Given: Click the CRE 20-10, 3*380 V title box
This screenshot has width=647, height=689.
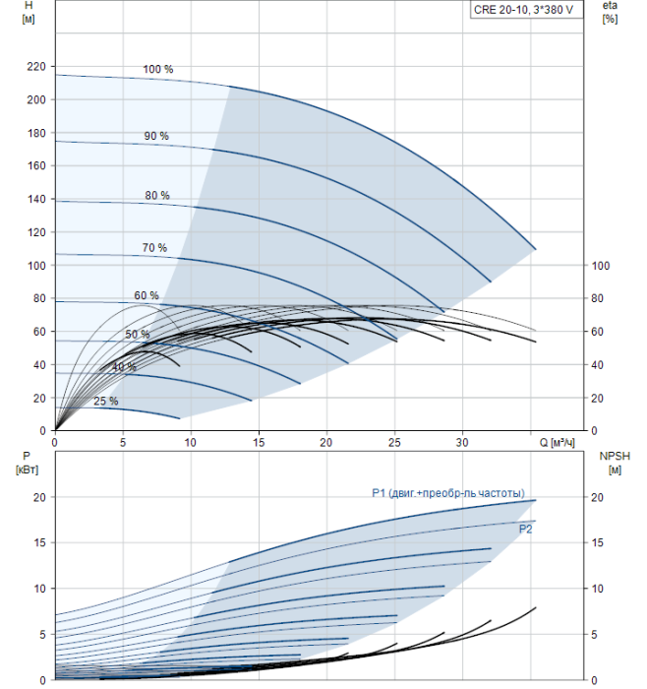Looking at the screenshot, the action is coord(527,10).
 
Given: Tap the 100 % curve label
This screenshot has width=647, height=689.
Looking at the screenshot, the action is coord(158,69).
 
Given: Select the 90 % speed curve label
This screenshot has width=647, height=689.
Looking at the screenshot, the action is coord(156,136).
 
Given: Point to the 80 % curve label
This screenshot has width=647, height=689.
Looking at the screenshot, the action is coord(157,195).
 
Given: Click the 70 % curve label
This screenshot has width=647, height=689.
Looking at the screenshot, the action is coord(154,247).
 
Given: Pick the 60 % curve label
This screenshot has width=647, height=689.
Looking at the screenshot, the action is coord(147,295).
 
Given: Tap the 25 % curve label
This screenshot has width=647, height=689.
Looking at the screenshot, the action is coord(106,401).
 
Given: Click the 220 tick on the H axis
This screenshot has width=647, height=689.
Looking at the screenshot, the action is coord(36,66).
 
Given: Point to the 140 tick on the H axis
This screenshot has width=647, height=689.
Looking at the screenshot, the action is coord(36,199).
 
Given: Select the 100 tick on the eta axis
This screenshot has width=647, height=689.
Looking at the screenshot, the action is coord(601,266).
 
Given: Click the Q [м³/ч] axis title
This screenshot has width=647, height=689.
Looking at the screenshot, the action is coord(557,443).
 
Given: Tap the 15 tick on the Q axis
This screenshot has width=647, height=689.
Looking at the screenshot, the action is coord(259,443).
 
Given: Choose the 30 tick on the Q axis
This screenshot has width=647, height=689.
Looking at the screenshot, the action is coord(462,443).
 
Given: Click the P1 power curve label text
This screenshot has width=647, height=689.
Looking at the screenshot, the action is coord(448,493).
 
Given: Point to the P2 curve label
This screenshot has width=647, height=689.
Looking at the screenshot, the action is coord(525,530).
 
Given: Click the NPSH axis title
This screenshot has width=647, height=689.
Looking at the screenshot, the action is coord(615,463).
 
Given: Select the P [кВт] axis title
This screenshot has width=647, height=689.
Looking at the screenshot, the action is coord(27,463).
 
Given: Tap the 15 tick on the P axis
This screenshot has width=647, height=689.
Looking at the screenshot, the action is coord(39,542).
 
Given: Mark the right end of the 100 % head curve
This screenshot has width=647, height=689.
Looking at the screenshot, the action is coord(536,250).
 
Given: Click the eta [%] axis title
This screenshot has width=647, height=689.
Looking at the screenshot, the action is coord(610,12).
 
